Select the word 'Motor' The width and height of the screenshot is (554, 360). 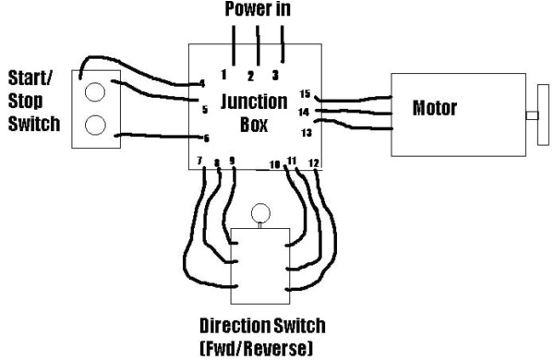pos(435,109)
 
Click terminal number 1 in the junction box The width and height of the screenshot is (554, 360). pos(223,73)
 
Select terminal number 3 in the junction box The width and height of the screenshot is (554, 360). pos(274,74)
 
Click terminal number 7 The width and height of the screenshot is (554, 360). pos(200,162)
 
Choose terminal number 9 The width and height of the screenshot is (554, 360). pos(232,161)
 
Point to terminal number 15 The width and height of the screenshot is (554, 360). pos(306,93)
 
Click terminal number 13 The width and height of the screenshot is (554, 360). pos(306,132)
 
